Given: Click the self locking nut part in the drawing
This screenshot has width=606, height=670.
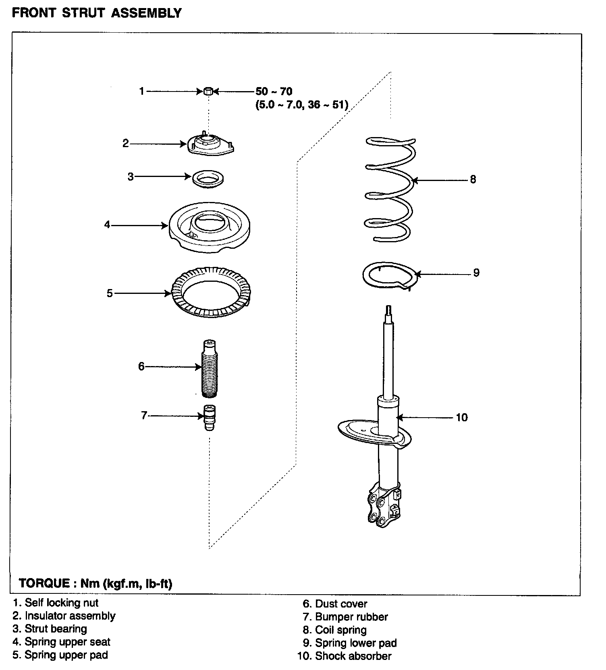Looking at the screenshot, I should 208,92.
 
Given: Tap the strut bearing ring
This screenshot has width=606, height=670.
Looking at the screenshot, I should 208,178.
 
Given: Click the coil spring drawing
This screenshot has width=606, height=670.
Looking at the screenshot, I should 390,189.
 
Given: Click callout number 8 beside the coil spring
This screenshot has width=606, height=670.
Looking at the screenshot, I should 473,180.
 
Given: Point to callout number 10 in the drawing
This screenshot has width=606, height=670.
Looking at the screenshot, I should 462,418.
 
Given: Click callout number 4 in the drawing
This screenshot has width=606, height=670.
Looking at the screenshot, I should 107,225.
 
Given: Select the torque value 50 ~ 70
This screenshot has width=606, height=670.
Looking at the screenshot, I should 274,92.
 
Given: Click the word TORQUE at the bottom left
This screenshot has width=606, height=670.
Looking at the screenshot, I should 44,583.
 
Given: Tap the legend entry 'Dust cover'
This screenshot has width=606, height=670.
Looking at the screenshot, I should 341,604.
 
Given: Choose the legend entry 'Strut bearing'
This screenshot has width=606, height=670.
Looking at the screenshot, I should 56,629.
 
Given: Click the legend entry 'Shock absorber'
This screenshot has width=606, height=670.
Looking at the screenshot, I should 353,656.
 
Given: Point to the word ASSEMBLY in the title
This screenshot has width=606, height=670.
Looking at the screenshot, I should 146,13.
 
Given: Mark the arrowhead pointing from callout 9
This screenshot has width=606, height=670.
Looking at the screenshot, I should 417,274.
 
